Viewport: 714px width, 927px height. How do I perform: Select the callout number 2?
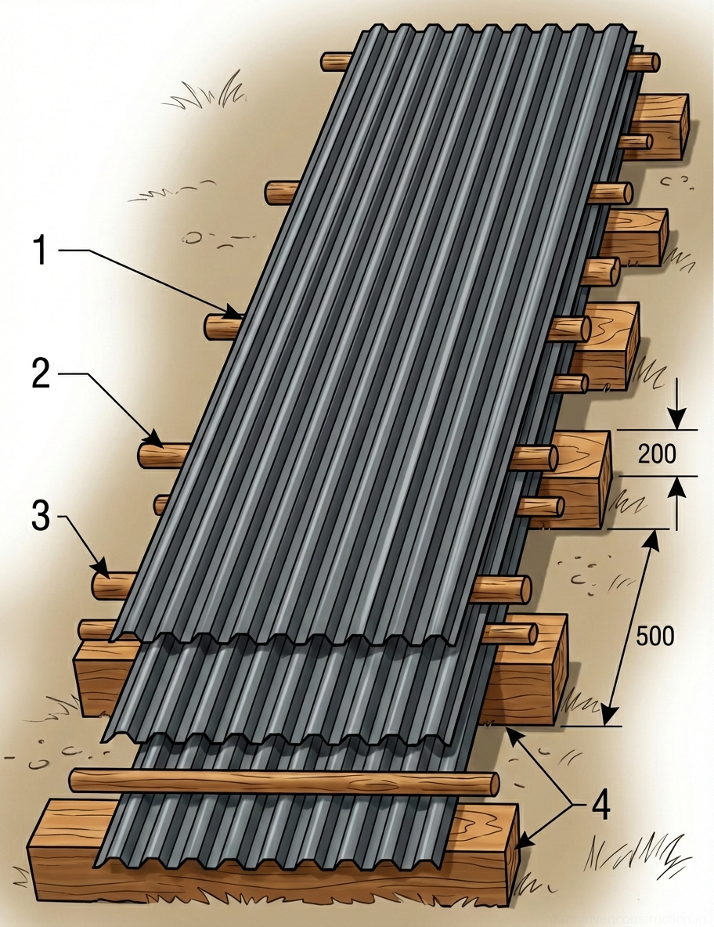(41, 374)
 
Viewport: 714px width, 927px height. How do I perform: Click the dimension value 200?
(656, 453)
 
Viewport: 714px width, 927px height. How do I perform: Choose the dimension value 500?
(654, 637)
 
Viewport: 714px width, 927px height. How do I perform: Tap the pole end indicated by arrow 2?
(148, 455)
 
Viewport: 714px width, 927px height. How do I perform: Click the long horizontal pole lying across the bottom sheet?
(282, 781)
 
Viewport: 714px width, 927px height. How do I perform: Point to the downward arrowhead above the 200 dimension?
(677, 422)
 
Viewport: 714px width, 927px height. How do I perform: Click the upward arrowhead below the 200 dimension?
(677, 484)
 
